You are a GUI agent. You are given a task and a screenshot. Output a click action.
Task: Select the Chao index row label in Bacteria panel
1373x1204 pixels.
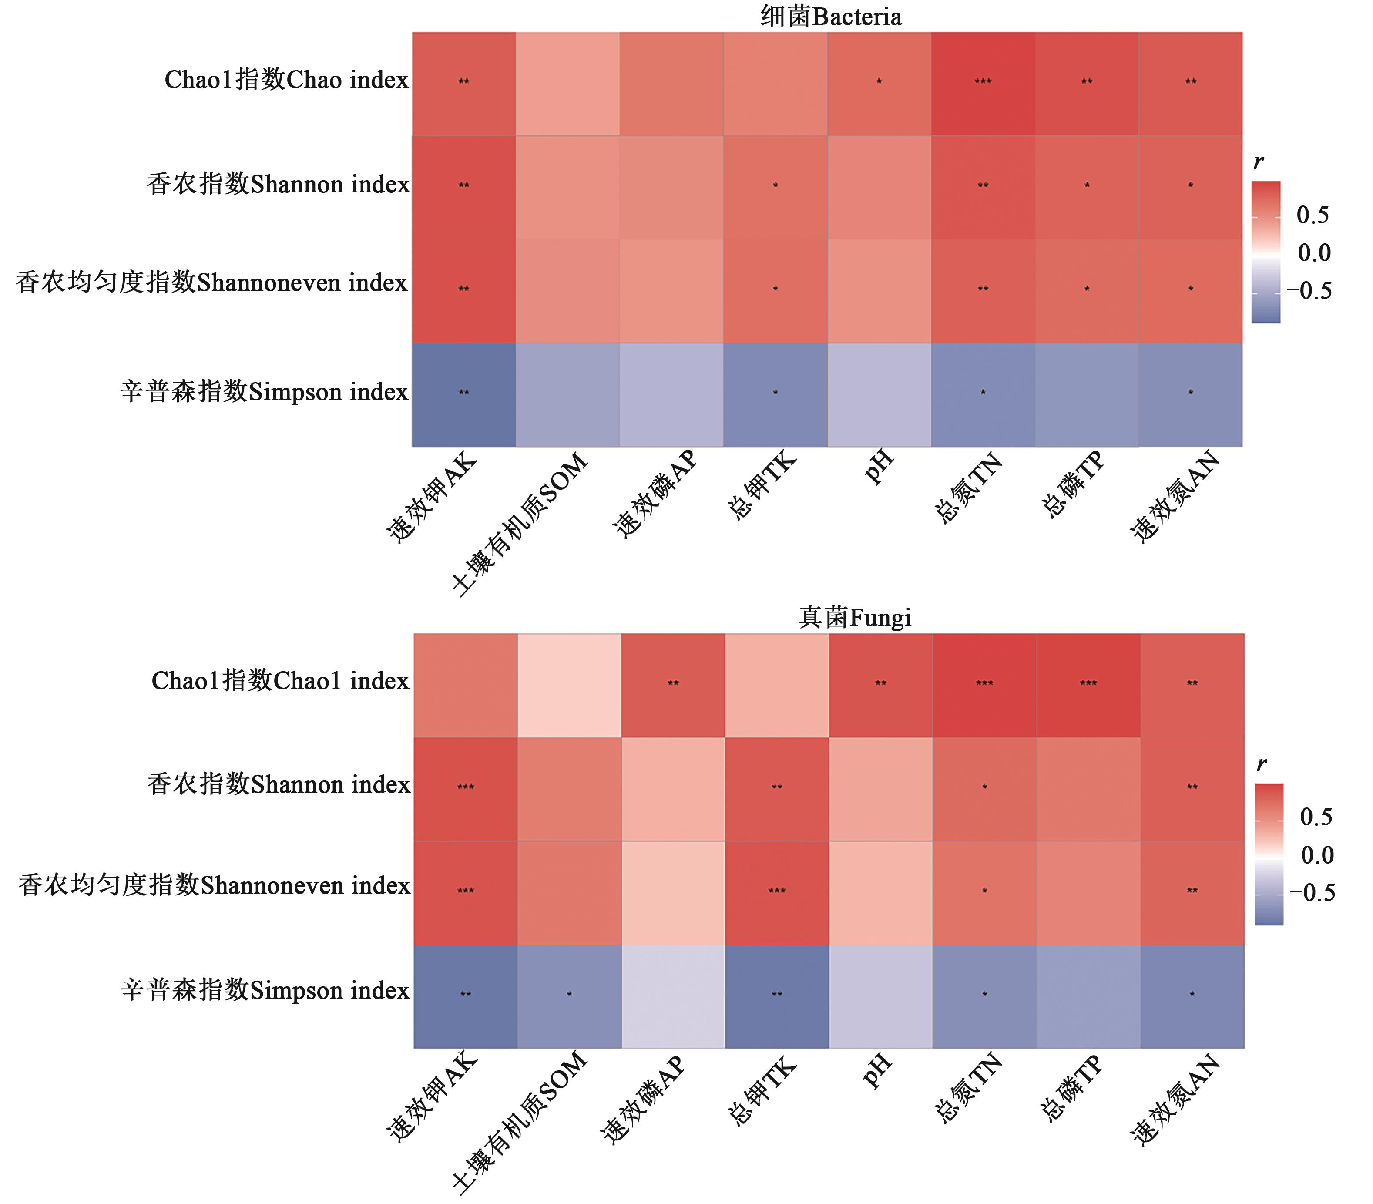coord(286,80)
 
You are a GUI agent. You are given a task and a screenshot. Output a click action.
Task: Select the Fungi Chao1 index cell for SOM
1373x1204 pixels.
coord(570,685)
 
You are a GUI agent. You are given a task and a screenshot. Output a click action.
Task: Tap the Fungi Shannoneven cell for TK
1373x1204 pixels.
coord(777,893)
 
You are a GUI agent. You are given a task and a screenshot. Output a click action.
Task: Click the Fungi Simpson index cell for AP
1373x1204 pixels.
coord(673,996)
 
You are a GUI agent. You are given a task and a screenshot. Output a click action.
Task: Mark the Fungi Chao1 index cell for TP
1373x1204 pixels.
coord(1088,685)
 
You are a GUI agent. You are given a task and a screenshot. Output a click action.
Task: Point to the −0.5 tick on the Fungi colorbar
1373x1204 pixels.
coord(1312,892)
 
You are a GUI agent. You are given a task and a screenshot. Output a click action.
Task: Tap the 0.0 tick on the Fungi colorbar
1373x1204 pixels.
coord(1316,854)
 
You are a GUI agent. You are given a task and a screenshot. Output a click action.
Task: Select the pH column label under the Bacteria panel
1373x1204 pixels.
coord(879,467)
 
